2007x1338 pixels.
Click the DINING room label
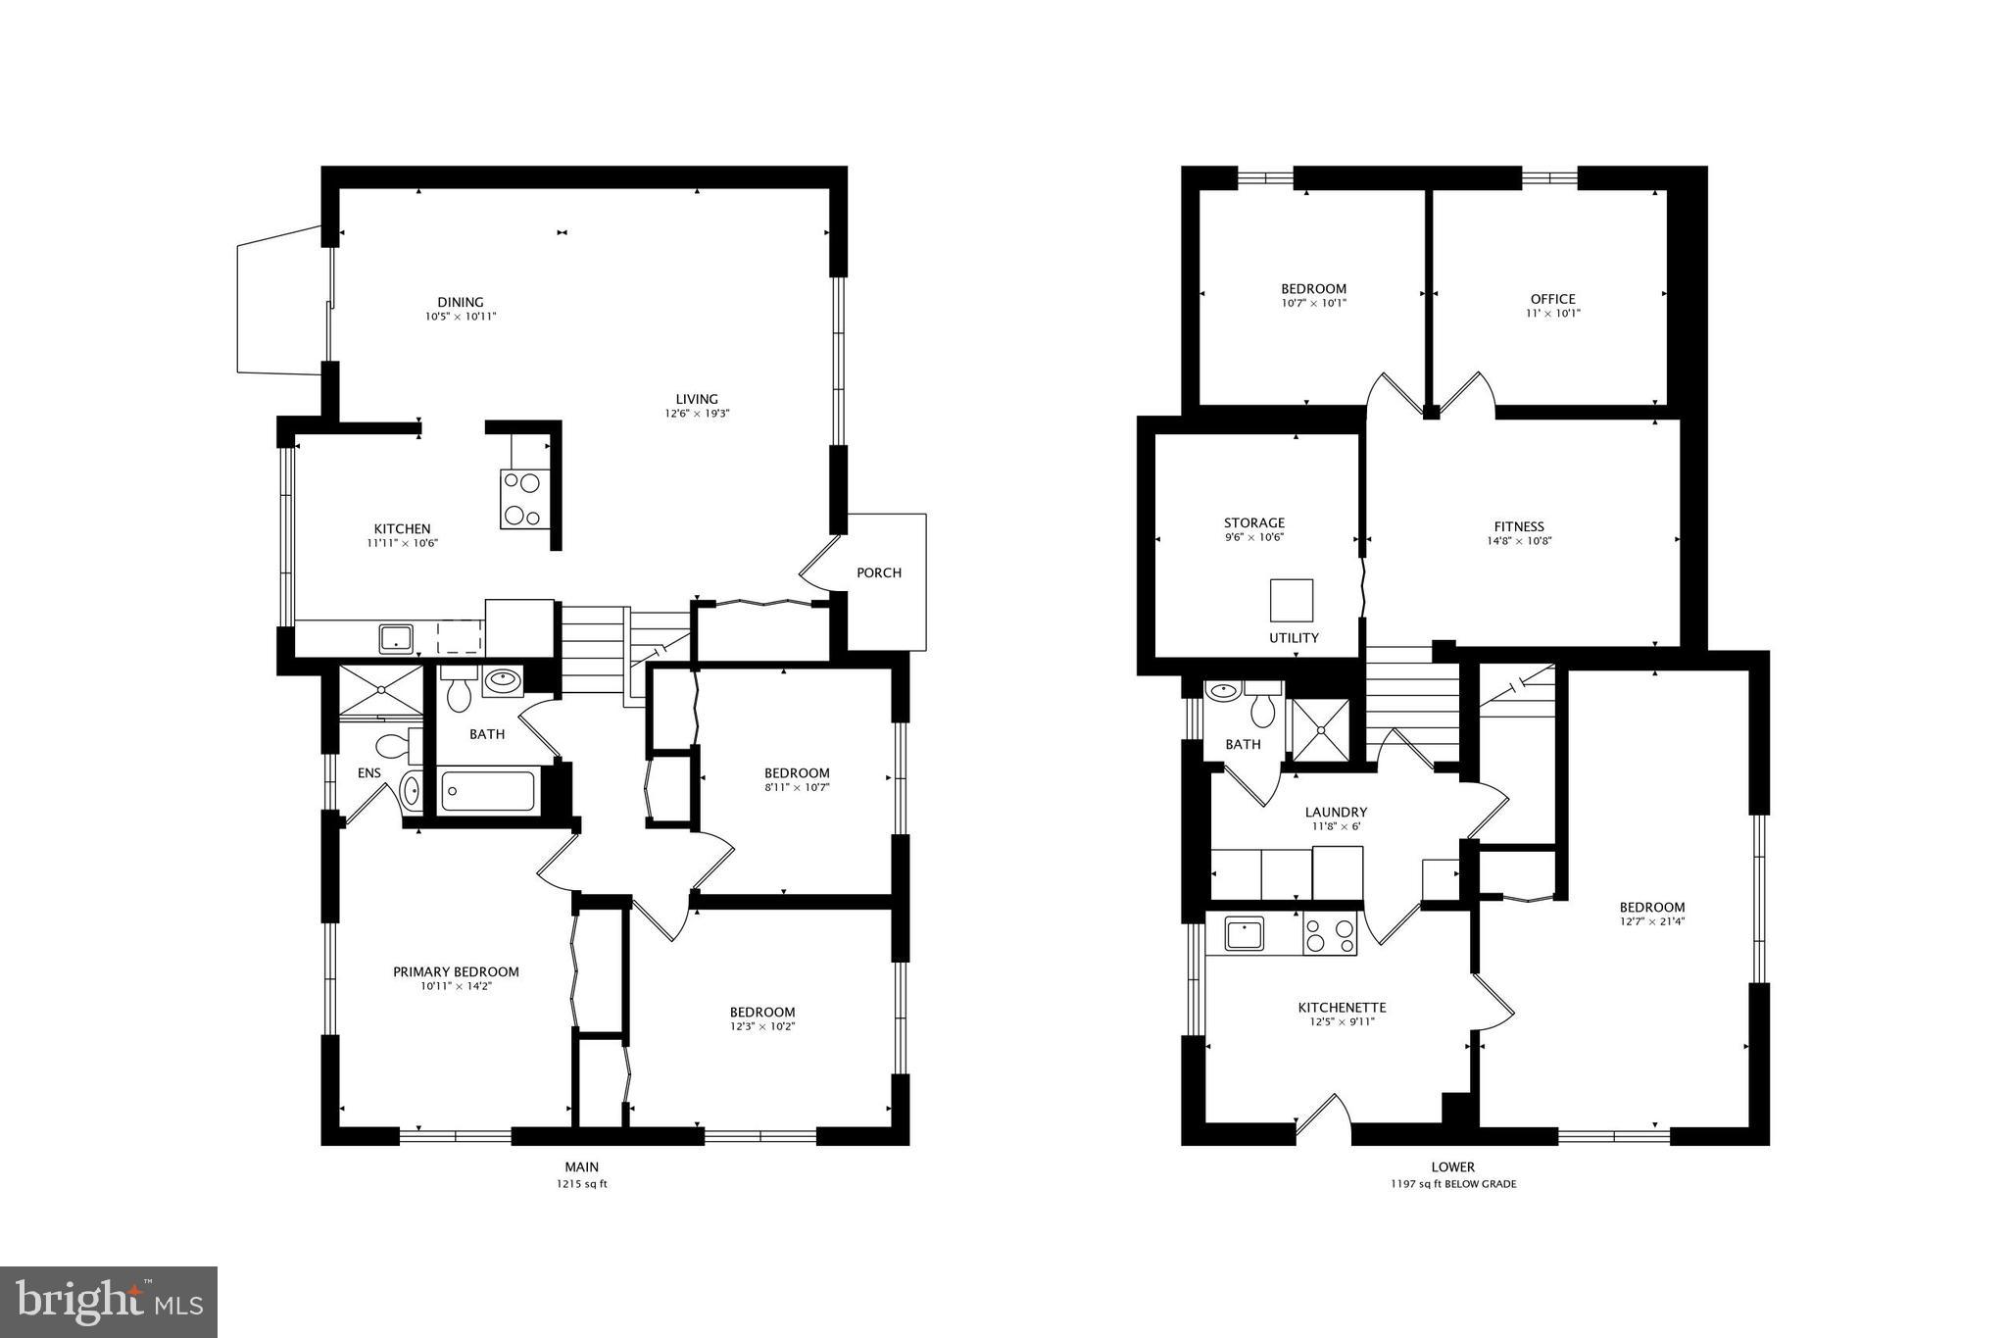pyautogui.click(x=460, y=302)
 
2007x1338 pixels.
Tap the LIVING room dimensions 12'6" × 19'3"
pyautogui.click(x=696, y=414)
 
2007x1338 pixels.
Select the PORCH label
pyautogui.click(x=878, y=572)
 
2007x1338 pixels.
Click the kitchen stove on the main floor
pyautogui.click(x=523, y=499)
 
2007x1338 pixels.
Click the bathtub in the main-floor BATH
pyautogui.click(x=488, y=791)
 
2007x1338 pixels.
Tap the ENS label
pyautogui.click(x=368, y=773)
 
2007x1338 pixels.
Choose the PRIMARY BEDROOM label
pyautogui.click(x=456, y=971)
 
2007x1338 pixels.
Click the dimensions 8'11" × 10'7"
pyautogui.click(x=797, y=787)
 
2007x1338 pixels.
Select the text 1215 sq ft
pyautogui.click(x=581, y=1184)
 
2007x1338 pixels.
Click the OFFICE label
pyautogui.click(x=1552, y=299)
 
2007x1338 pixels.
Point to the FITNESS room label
pyautogui.click(x=1519, y=526)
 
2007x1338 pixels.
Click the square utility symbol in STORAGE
pyautogui.click(x=1291, y=600)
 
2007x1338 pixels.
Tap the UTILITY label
pyautogui.click(x=1294, y=638)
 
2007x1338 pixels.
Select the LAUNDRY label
pyautogui.click(x=1335, y=812)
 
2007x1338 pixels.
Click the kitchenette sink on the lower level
pyautogui.click(x=1244, y=934)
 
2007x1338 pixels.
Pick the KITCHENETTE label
pyautogui.click(x=1342, y=1007)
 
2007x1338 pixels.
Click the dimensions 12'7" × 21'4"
pyautogui.click(x=1651, y=921)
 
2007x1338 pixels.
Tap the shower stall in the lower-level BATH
pyautogui.click(x=1320, y=729)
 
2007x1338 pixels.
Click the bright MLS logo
pyautogui.click(x=109, y=1302)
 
